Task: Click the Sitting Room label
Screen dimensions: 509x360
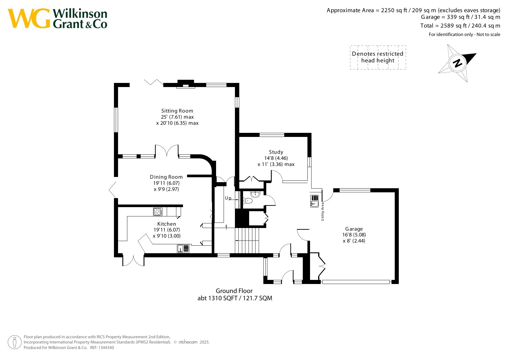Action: [177, 111]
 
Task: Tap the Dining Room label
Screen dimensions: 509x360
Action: [166, 177]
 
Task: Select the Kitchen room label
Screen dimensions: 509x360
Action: [166, 224]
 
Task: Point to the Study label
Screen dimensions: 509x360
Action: [276, 152]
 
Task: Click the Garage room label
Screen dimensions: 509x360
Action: [354, 229]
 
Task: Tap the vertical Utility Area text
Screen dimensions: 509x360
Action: [323, 212]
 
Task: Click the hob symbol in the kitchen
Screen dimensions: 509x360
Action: [158, 212]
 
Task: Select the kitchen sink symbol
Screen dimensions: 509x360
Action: [183, 249]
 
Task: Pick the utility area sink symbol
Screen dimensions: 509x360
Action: [314, 201]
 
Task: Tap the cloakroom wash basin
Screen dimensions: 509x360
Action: [255, 194]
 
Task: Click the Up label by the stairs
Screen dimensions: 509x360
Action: [228, 198]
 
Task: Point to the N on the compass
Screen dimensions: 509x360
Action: [457, 63]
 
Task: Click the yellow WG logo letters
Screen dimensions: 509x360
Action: [29, 18]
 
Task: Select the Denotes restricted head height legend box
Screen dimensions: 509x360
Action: [378, 57]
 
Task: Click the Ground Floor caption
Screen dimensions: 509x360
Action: [234, 291]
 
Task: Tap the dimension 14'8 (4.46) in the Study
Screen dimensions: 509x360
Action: [276, 158]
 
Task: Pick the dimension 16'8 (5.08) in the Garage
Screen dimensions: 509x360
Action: [354, 235]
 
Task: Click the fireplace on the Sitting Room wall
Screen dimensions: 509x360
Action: [186, 84]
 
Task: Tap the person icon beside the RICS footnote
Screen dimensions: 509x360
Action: [15, 342]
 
